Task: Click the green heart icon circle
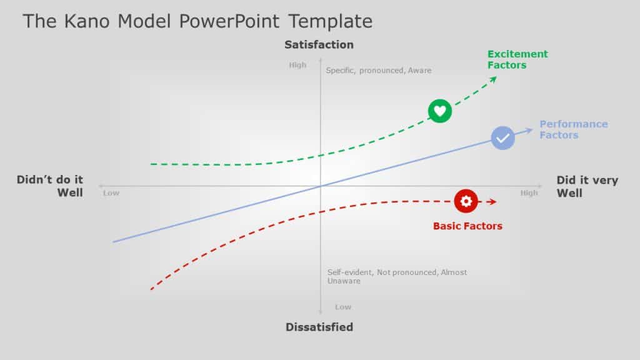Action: click(439, 111)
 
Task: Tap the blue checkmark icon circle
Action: click(502, 138)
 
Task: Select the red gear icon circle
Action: click(466, 201)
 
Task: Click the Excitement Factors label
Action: click(517, 59)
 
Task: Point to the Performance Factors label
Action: click(574, 129)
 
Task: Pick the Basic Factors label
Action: click(467, 226)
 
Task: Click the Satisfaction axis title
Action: click(319, 44)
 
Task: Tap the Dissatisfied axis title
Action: click(319, 327)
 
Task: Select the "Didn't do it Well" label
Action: click(50, 186)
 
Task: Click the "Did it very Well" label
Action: click(587, 186)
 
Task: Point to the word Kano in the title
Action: click(87, 21)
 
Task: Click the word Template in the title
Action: click(331, 21)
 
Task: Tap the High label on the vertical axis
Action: click(297, 65)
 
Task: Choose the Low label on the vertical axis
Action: click(343, 307)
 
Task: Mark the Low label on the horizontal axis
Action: click(111, 193)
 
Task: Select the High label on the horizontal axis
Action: click(529, 193)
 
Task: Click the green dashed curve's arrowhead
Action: click(494, 79)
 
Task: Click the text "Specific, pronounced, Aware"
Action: click(378, 71)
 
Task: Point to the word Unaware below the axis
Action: click(344, 281)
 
